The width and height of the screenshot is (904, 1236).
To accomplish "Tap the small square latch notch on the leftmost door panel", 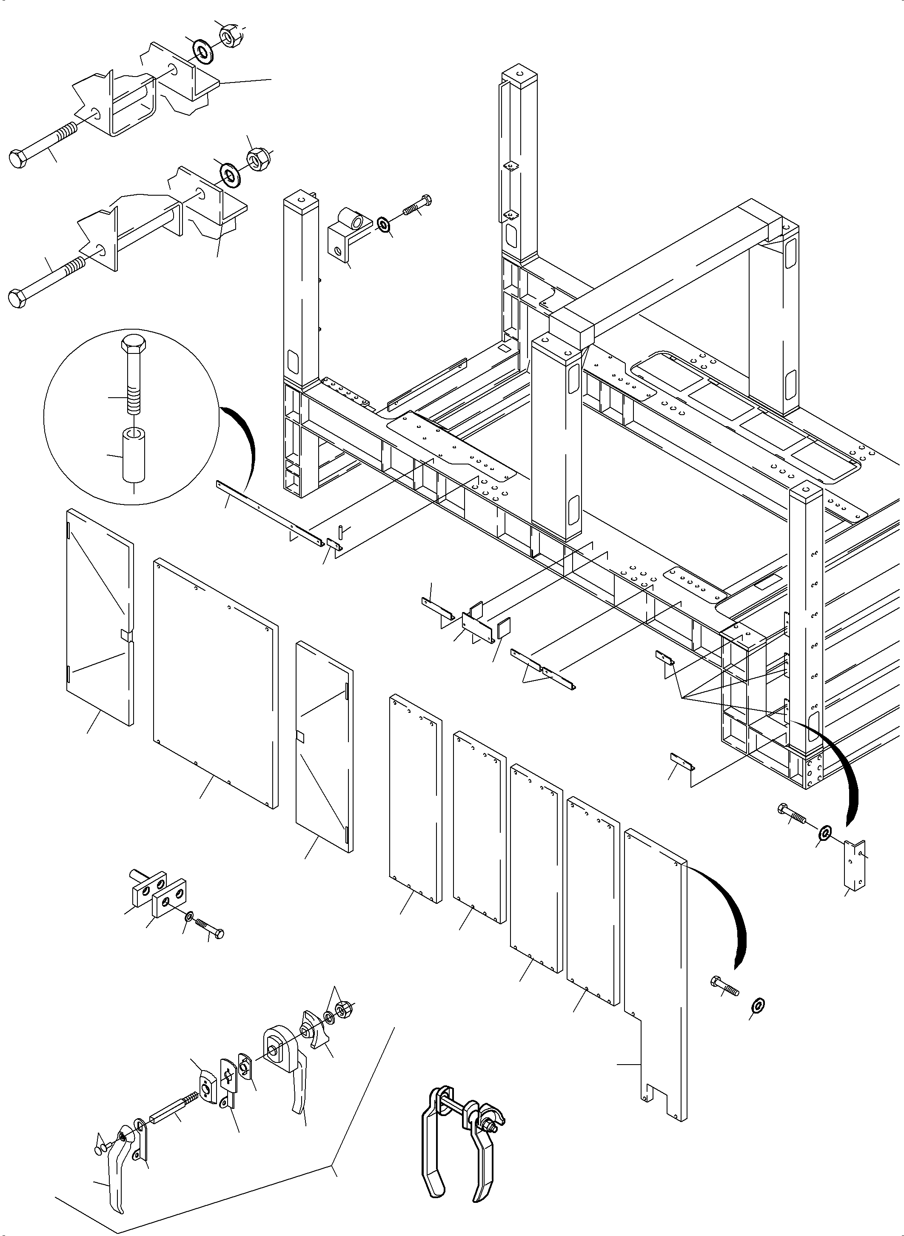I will click(x=125, y=634).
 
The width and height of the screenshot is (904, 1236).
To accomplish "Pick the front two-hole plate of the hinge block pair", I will click(x=169, y=899).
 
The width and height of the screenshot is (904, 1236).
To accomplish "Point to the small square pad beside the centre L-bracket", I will click(x=503, y=628).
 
